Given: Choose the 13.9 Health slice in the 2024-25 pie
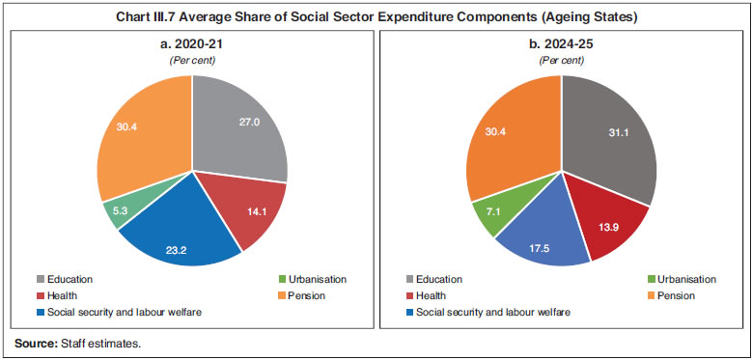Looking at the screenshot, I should [x=605, y=222].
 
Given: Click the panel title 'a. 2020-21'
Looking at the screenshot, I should [x=191, y=46].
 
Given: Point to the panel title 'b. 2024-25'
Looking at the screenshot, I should [x=561, y=46].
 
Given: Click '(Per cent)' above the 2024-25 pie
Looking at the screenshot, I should [x=561, y=60].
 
